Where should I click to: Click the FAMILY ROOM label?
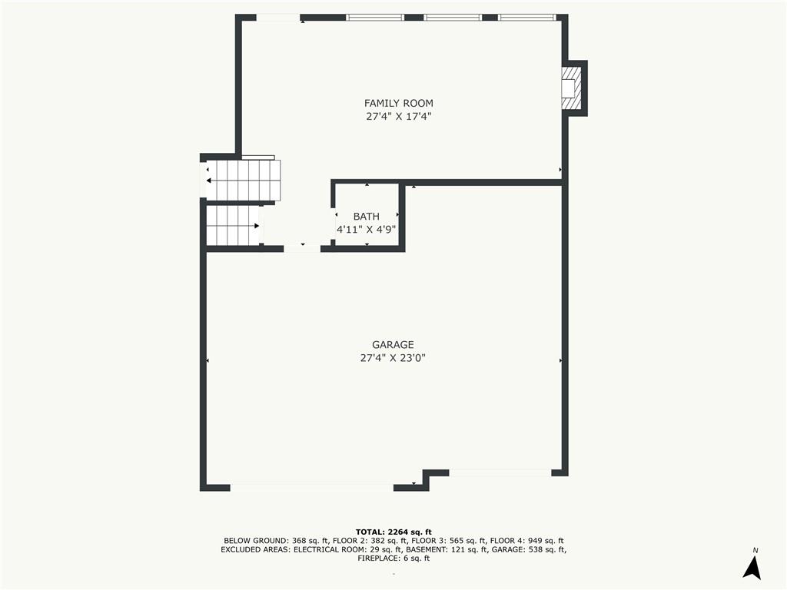(398, 103)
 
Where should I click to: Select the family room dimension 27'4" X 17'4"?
(398, 117)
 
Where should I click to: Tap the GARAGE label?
(393, 345)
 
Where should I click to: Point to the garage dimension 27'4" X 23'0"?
(393, 358)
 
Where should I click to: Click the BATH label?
(367, 217)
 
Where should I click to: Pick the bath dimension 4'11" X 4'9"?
(367, 230)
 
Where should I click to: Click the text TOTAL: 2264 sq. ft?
(393, 532)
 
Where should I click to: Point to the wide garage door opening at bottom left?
(311, 487)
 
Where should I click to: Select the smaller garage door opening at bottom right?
(500, 472)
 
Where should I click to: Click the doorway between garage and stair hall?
(302, 248)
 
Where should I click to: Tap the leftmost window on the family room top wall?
(375, 17)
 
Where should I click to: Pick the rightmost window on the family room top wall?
(526, 17)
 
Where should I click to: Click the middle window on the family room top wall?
(453, 17)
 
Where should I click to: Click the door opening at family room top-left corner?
(277, 18)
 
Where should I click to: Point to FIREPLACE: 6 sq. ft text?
(393, 559)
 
